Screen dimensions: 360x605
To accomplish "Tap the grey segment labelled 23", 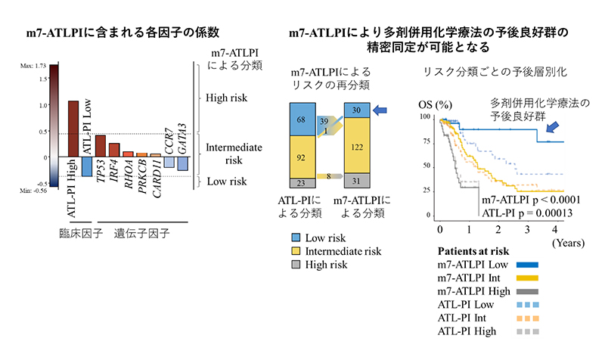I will pyautogui.click(x=302, y=182).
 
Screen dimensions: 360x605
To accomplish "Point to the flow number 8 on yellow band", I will pyautogui.click(x=330, y=176).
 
